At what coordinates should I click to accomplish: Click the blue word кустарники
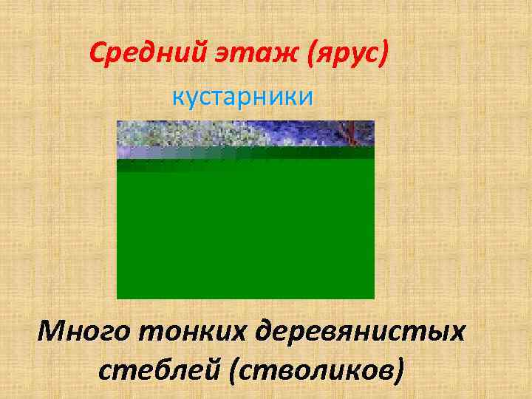tap(243, 96)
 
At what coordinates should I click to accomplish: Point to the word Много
tap(83, 332)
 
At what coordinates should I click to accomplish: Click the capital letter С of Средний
tap(97, 53)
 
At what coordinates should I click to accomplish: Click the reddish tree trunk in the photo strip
tap(344, 133)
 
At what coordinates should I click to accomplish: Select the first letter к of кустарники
tap(178, 97)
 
